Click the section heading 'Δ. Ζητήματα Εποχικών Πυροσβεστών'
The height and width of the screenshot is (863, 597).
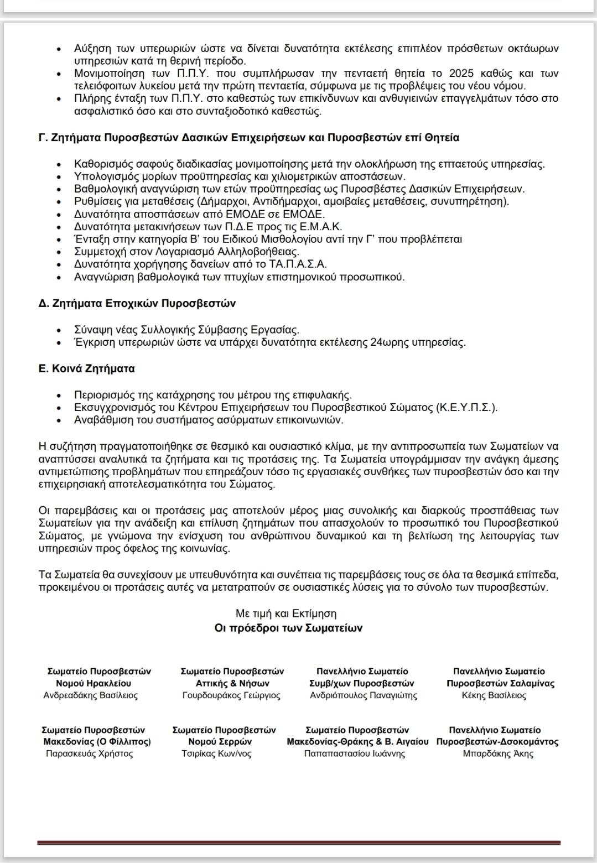click(x=137, y=303)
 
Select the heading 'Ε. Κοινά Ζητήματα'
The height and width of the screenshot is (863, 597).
click(x=87, y=368)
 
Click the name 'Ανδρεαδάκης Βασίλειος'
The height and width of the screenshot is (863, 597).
click(x=91, y=695)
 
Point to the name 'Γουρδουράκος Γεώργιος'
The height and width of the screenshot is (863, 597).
click(x=232, y=695)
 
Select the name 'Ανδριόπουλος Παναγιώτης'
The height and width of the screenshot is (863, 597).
click(x=364, y=695)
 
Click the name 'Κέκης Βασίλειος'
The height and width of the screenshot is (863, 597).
click(x=494, y=695)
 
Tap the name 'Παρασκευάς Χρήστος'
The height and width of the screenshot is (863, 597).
click(x=90, y=753)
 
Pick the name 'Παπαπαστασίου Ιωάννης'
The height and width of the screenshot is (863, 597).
click(x=355, y=753)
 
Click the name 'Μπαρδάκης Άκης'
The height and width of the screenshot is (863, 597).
click(x=498, y=753)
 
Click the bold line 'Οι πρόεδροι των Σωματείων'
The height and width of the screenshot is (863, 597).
click(x=288, y=628)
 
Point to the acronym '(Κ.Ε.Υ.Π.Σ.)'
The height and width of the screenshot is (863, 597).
click(x=466, y=408)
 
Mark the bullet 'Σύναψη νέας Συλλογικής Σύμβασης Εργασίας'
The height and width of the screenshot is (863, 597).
click(x=186, y=330)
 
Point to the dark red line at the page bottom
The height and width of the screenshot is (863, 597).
click(x=299, y=843)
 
